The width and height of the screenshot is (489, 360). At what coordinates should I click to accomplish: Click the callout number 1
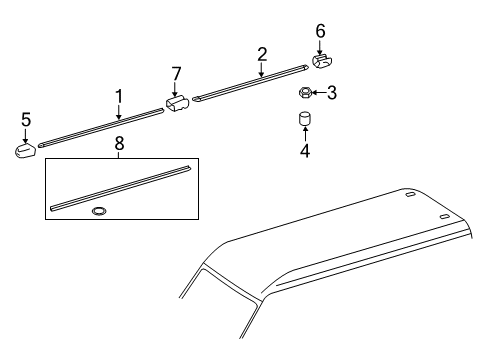click(118, 95)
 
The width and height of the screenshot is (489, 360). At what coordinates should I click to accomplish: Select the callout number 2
click(262, 53)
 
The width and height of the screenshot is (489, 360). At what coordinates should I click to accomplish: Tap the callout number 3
click(332, 93)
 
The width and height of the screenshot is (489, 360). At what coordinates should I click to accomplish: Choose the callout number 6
click(320, 31)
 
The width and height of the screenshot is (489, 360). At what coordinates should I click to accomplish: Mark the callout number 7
click(176, 73)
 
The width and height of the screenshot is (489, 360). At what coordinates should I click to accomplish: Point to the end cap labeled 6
click(321, 62)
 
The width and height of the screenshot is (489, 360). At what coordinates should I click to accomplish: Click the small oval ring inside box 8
click(100, 212)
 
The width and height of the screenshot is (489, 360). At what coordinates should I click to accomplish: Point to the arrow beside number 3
click(320, 93)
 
